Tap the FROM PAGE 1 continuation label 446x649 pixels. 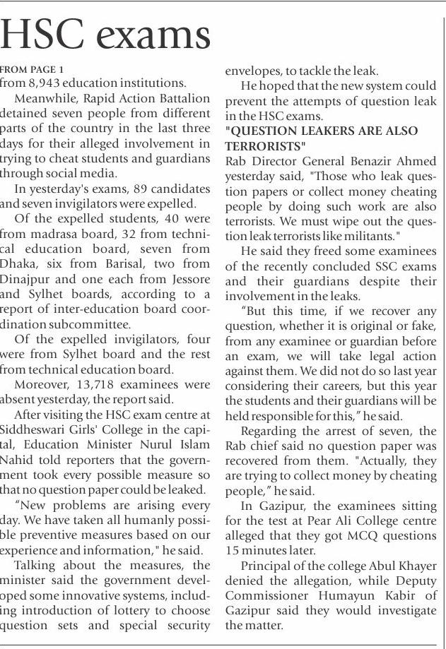coord(32,69)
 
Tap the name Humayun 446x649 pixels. coord(344,596)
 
